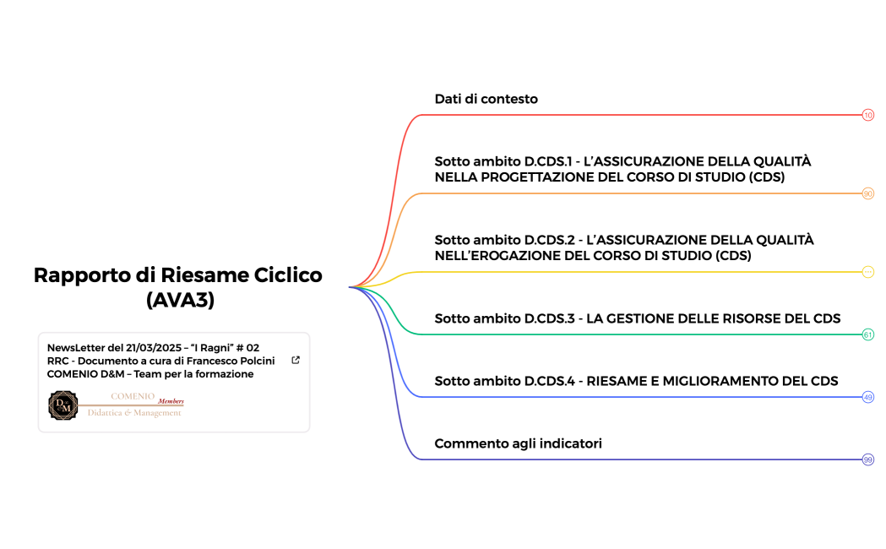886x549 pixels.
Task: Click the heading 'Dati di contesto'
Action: point(486,99)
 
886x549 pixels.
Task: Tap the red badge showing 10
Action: point(867,115)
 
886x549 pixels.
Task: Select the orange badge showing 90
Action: point(867,193)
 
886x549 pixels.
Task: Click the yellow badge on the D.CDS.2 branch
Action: point(867,272)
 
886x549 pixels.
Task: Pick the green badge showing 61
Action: point(867,334)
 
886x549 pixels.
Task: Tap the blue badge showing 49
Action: point(867,397)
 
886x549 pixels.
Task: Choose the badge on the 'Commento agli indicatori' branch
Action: point(867,459)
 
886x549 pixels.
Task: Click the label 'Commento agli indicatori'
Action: point(518,443)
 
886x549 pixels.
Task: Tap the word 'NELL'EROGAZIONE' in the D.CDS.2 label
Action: point(491,256)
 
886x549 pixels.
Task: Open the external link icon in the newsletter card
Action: point(295,360)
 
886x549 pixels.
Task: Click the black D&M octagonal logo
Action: point(63,405)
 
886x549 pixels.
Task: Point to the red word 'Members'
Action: point(171,400)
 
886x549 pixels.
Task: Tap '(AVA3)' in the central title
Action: point(178,299)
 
